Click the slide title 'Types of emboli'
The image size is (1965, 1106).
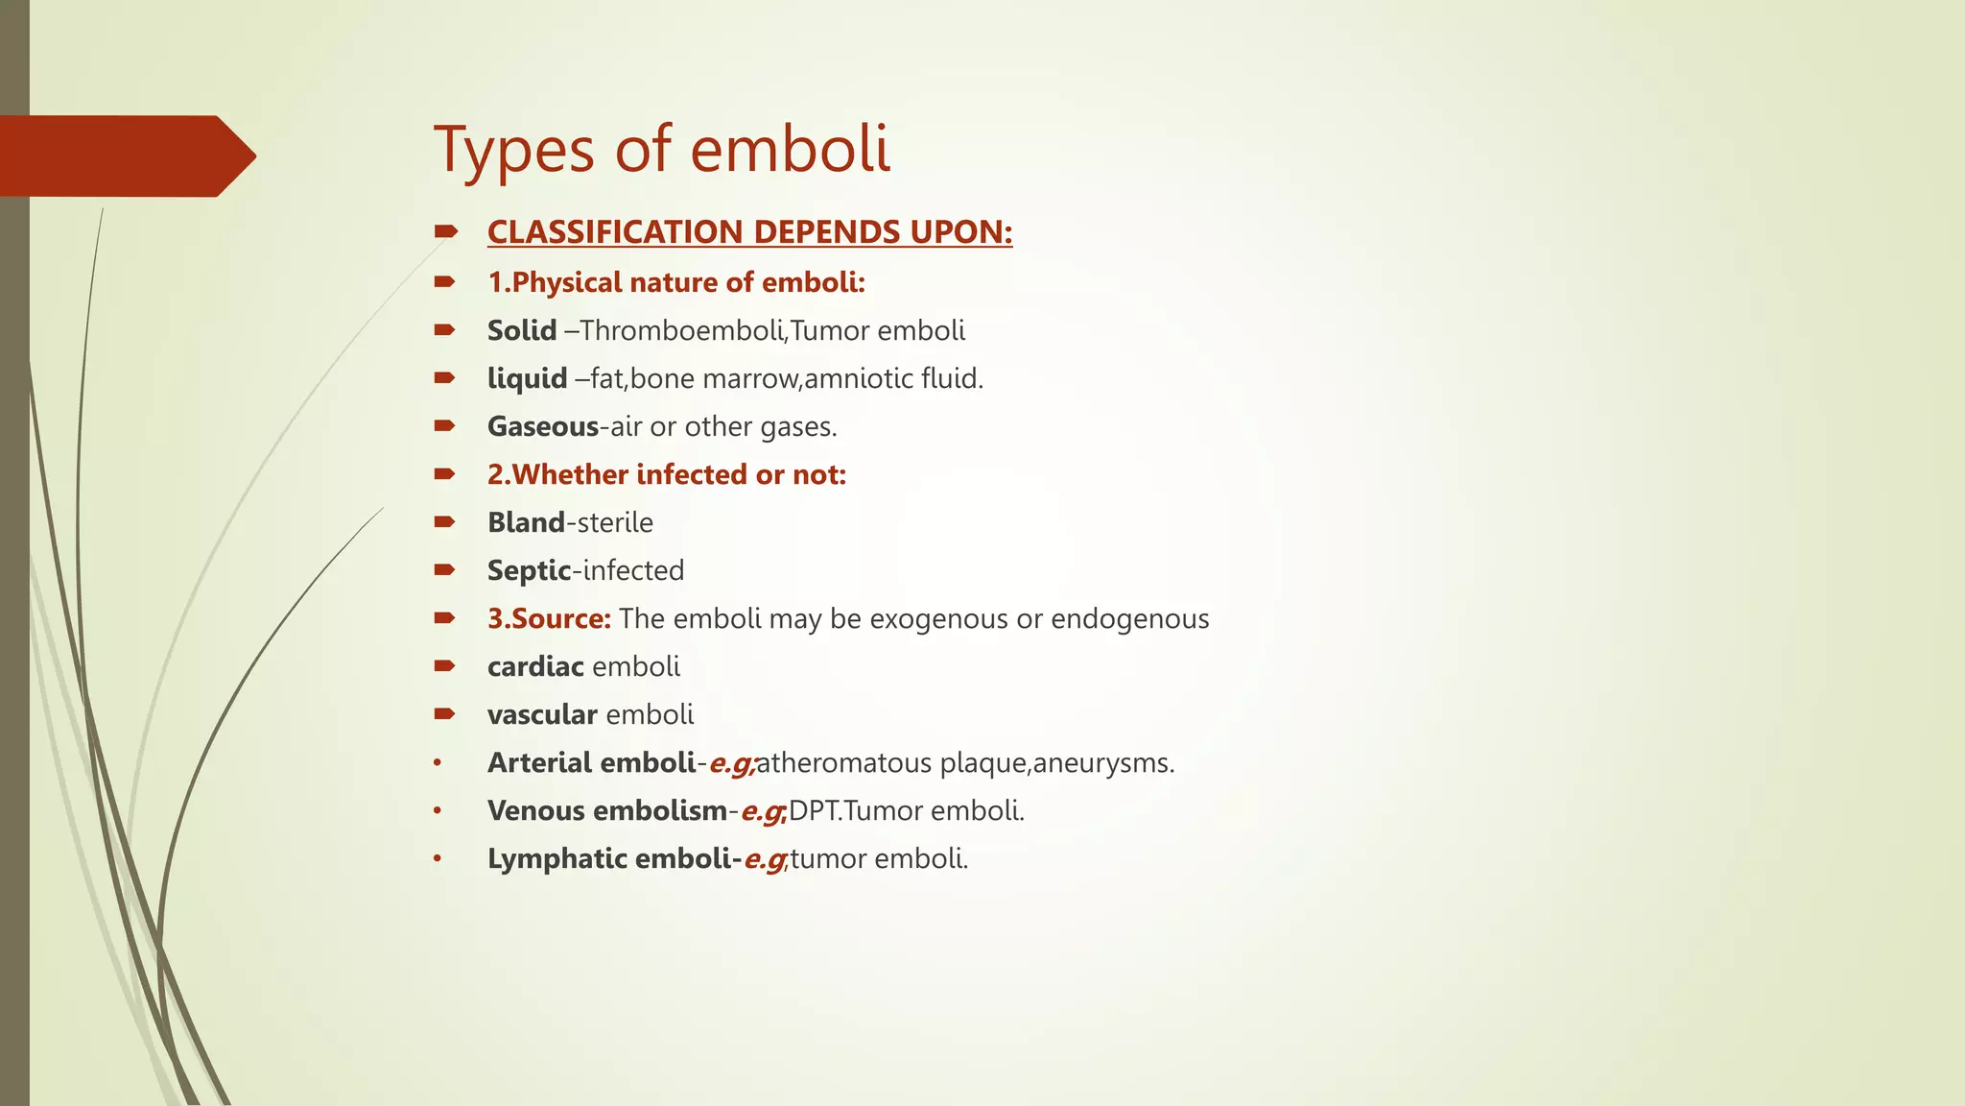click(x=662, y=150)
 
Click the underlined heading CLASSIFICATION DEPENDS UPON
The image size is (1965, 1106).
click(x=749, y=232)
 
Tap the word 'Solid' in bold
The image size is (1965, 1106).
click(x=522, y=331)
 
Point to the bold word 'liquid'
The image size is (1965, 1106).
click(x=527, y=379)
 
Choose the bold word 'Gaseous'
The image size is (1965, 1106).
click(x=543, y=427)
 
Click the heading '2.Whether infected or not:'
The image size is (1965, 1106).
click(x=667, y=475)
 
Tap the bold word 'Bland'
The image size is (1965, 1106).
click(x=526, y=523)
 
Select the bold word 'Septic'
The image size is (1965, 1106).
click(x=529, y=571)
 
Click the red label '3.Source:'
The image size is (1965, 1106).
click(x=549, y=619)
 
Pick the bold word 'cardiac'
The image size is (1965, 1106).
click(x=535, y=667)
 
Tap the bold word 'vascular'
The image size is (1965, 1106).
click(x=542, y=715)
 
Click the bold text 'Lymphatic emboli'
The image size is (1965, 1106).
click(x=608, y=859)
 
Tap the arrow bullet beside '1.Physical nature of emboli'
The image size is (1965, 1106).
click(x=444, y=282)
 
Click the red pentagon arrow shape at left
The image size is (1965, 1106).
click(x=125, y=156)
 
